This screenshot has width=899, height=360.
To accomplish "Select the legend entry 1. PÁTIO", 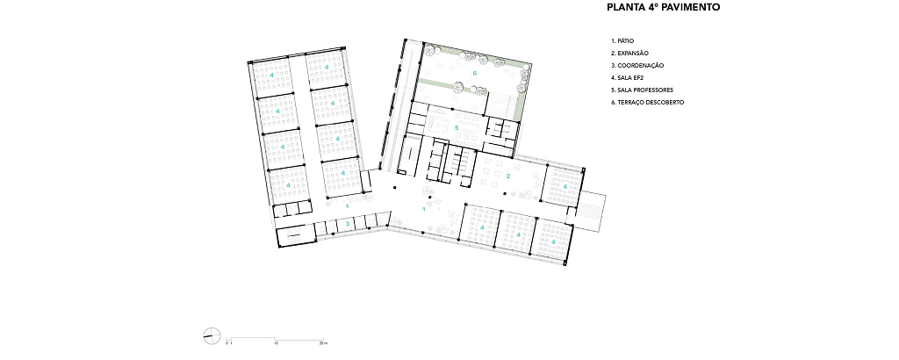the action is click(622, 41).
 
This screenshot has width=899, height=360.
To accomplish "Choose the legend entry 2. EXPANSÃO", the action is click(629, 54).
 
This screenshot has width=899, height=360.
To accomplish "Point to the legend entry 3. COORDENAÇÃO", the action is click(637, 65).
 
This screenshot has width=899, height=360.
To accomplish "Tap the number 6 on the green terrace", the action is click(475, 73).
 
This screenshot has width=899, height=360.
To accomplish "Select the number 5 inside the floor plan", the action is click(457, 127).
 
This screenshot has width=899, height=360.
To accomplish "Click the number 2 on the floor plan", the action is click(508, 176).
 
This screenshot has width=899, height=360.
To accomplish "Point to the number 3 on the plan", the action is click(348, 224).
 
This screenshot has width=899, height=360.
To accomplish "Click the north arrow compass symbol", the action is click(212, 336).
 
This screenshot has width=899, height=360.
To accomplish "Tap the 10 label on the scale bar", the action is click(277, 343).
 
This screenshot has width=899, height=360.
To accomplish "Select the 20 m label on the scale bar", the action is click(323, 343).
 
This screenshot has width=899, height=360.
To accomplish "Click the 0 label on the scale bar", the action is click(227, 343).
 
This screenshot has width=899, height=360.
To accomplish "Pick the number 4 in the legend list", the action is click(613, 78).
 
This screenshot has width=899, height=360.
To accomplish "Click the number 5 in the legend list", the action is click(613, 90).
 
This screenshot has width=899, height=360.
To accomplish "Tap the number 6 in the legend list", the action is click(613, 103).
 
